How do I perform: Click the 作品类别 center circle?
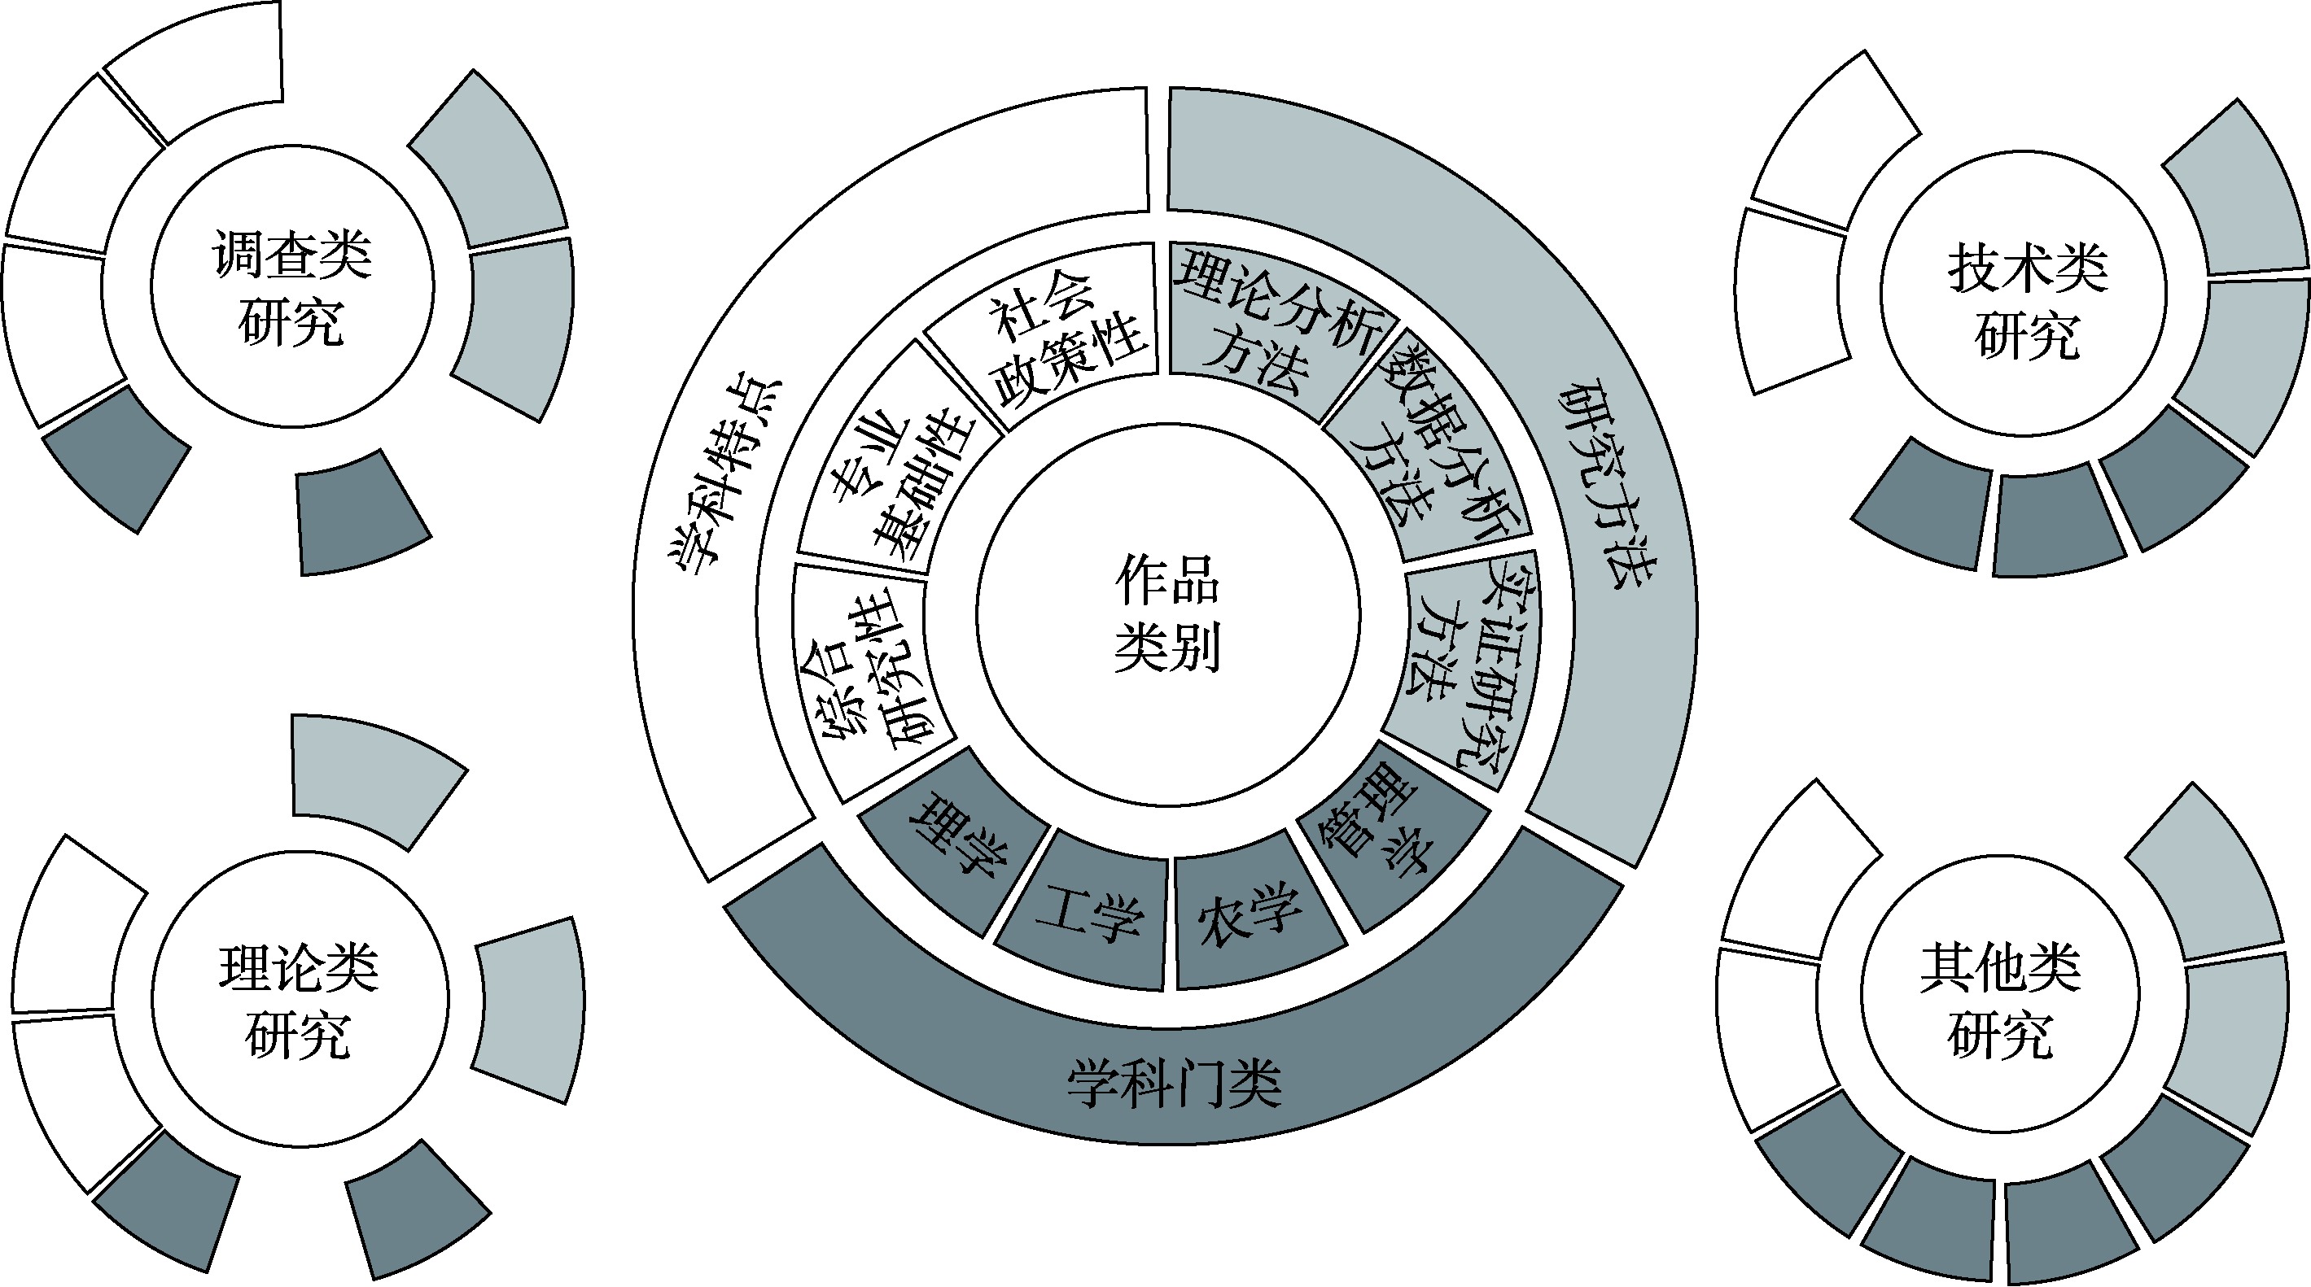(1167, 615)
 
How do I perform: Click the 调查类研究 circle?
(291, 288)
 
